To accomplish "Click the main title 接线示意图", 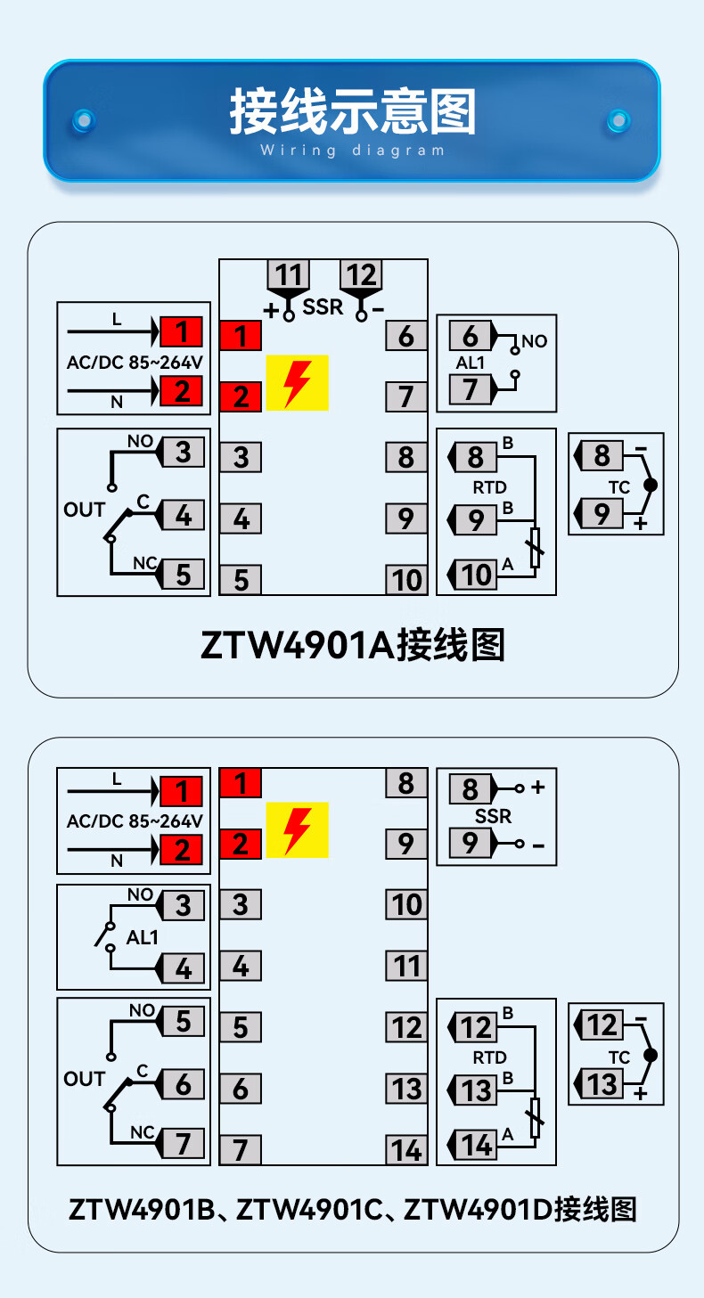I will pos(352,112).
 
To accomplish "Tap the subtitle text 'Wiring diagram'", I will pos(352,151).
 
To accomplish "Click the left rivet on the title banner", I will pos(85,119).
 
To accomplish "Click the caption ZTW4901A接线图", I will pos(352,644).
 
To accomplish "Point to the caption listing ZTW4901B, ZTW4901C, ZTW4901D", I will pos(352,1210).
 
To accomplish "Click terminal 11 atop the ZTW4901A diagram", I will pos(288,274).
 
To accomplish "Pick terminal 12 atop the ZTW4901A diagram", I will pos(361,274).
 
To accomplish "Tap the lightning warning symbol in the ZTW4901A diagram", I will pos(298,383).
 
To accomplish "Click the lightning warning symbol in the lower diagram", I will pos(298,830).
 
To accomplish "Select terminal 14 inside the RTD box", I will pos(475,1144).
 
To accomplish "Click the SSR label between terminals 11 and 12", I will pos(323,306).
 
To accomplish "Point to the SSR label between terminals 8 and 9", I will pos(494,816).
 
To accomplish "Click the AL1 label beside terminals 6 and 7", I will pos(470,363).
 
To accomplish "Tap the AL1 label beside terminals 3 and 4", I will pos(143,937).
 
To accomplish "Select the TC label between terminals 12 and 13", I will pos(619,1057).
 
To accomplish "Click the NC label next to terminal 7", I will pos(143,1132).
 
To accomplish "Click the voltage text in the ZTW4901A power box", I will pos(135,363).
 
